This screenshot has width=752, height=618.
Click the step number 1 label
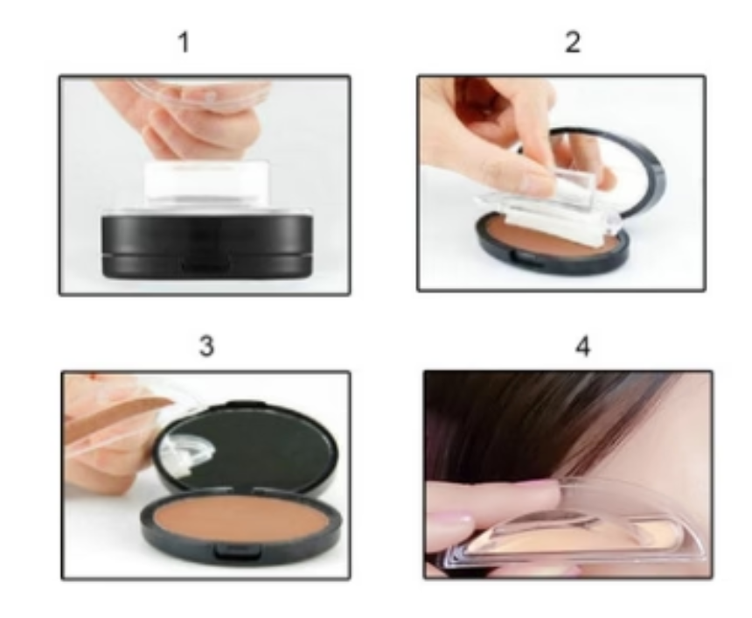pyautogui.click(x=184, y=42)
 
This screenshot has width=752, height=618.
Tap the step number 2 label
pyautogui.click(x=572, y=42)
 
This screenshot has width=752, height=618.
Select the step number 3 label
pyautogui.click(x=206, y=347)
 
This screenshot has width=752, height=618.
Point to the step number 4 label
pyautogui.click(x=583, y=347)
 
